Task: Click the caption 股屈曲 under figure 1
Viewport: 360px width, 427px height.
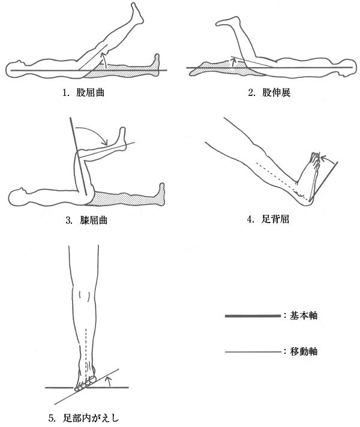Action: [91, 93]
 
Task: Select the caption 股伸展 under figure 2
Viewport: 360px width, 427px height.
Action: [277, 93]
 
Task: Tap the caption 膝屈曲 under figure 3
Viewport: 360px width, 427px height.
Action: [94, 220]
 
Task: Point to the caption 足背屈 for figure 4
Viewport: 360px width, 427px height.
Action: [275, 219]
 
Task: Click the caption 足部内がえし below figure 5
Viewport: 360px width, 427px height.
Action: [91, 418]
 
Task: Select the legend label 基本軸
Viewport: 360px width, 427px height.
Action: [304, 315]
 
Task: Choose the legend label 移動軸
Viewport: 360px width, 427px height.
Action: [304, 351]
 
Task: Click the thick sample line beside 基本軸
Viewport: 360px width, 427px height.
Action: [253, 316]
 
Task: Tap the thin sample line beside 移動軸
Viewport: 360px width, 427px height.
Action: [253, 352]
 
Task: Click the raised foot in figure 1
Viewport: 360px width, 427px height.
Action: [137, 13]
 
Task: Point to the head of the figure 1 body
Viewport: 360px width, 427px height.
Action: [14, 70]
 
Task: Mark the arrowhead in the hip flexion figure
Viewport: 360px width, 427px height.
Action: [103, 55]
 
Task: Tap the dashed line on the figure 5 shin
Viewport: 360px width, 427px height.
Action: [86, 353]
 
